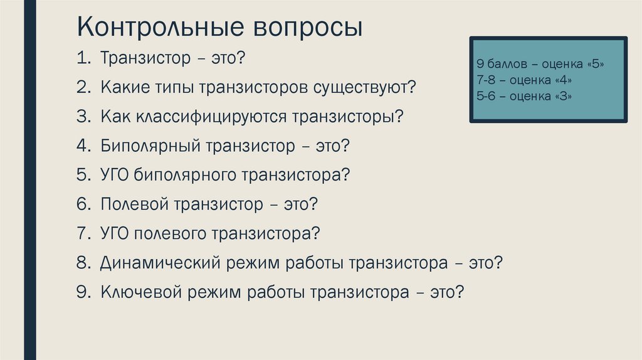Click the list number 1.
(x=83, y=59)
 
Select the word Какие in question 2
(x=125, y=88)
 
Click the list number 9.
(x=83, y=292)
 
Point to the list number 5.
(x=83, y=175)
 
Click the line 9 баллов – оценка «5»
(x=544, y=65)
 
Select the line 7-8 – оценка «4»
(x=524, y=81)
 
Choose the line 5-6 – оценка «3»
(x=524, y=97)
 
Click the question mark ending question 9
(x=459, y=292)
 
